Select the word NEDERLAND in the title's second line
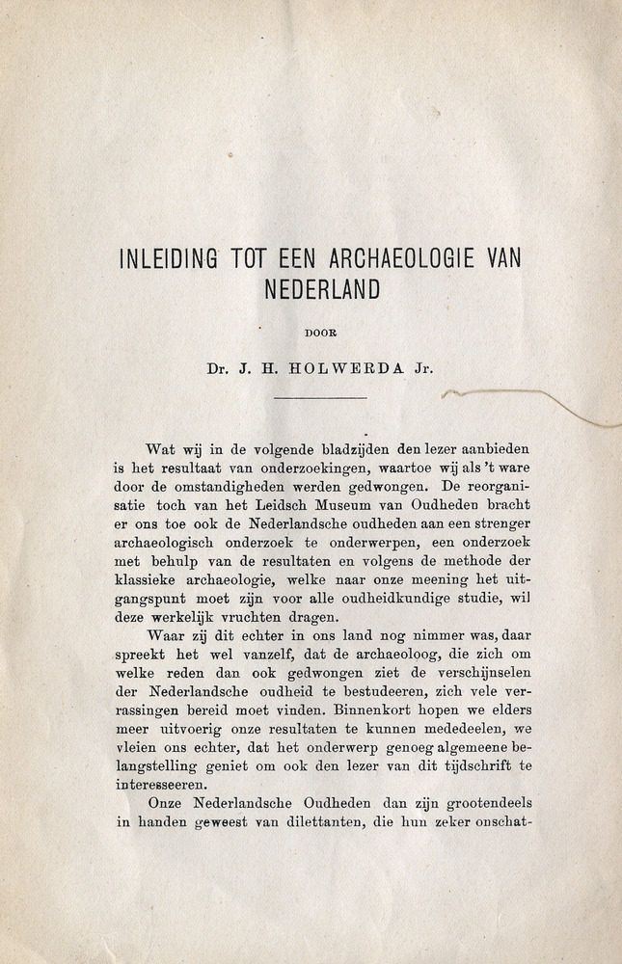[x=320, y=288]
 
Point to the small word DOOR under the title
[x=320, y=333]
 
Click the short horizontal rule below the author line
[x=320, y=397]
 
